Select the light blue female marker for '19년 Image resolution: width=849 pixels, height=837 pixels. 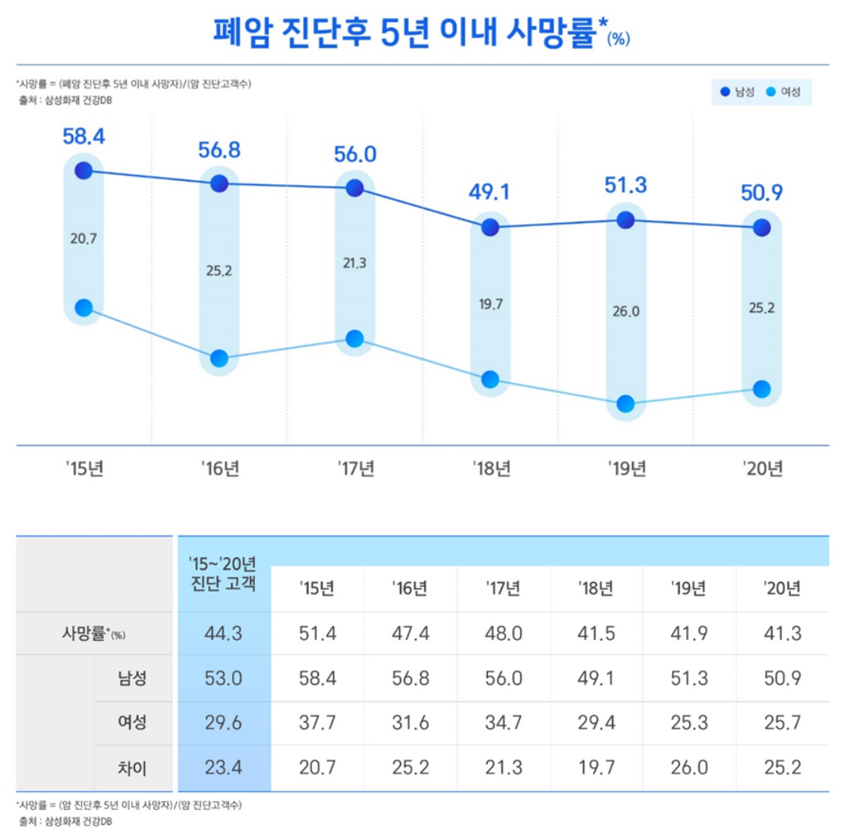tap(626, 403)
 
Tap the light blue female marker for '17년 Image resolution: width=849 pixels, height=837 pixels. tap(355, 339)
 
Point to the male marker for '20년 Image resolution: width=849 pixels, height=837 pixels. tap(762, 228)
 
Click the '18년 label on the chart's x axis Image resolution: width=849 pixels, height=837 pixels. tap(491, 469)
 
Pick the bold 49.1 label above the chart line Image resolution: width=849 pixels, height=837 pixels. tap(490, 192)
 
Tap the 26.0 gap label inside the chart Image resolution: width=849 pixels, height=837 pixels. tap(626, 311)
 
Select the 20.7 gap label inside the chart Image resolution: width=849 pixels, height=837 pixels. tap(83, 238)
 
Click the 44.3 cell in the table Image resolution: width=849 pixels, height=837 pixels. tap(224, 634)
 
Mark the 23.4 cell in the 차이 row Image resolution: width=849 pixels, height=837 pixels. tap(224, 768)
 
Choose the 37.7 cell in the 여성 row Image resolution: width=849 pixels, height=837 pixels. tap(317, 723)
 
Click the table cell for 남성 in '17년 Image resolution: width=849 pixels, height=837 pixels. tap(504, 679)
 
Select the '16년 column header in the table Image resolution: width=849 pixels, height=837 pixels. tap(410, 589)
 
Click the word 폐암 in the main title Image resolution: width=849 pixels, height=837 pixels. tap(243, 33)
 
